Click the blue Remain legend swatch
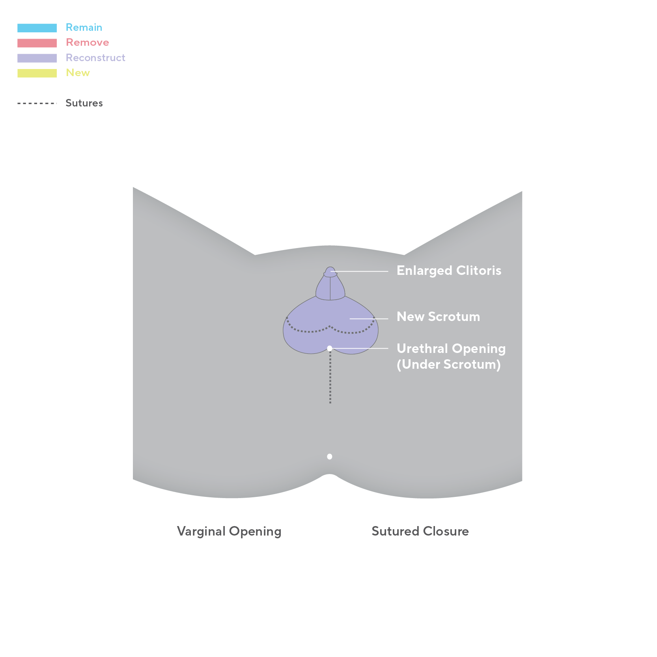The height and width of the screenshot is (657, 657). pyautogui.click(x=37, y=28)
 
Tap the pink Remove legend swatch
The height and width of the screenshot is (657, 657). pyautogui.click(x=37, y=43)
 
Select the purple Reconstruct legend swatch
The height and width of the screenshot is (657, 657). pyautogui.click(x=37, y=58)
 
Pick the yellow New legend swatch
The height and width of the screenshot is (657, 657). pyautogui.click(x=37, y=73)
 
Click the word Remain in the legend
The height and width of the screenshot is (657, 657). pyautogui.click(x=84, y=27)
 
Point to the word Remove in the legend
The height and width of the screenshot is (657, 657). pyautogui.click(x=87, y=42)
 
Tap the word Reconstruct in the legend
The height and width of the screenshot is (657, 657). pyautogui.click(x=95, y=58)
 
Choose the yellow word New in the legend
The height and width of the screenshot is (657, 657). pyautogui.click(x=78, y=73)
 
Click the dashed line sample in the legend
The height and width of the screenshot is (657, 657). pyautogui.click(x=37, y=103)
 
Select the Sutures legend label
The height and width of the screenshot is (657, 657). pyautogui.click(x=84, y=103)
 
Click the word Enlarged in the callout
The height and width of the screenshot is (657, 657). pyautogui.click(x=424, y=271)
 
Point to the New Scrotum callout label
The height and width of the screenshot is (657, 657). pyautogui.click(x=438, y=317)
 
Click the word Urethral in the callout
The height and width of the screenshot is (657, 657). pyautogui.click(x=422, y=349)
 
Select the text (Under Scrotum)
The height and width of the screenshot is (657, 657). pyautogui.click(x=448, y=364)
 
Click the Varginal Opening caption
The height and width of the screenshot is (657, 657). pyautogui.click(x=229, y=531)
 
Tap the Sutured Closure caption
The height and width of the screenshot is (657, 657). pyautogui.click(x=420, y=531)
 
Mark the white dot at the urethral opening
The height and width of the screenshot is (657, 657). pyautogui.click(x=330, y=348)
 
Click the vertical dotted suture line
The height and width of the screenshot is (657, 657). pyautogui.click(x=330, y=379)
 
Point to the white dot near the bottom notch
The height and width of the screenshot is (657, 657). pyautogui.click(x=330, y=457)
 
